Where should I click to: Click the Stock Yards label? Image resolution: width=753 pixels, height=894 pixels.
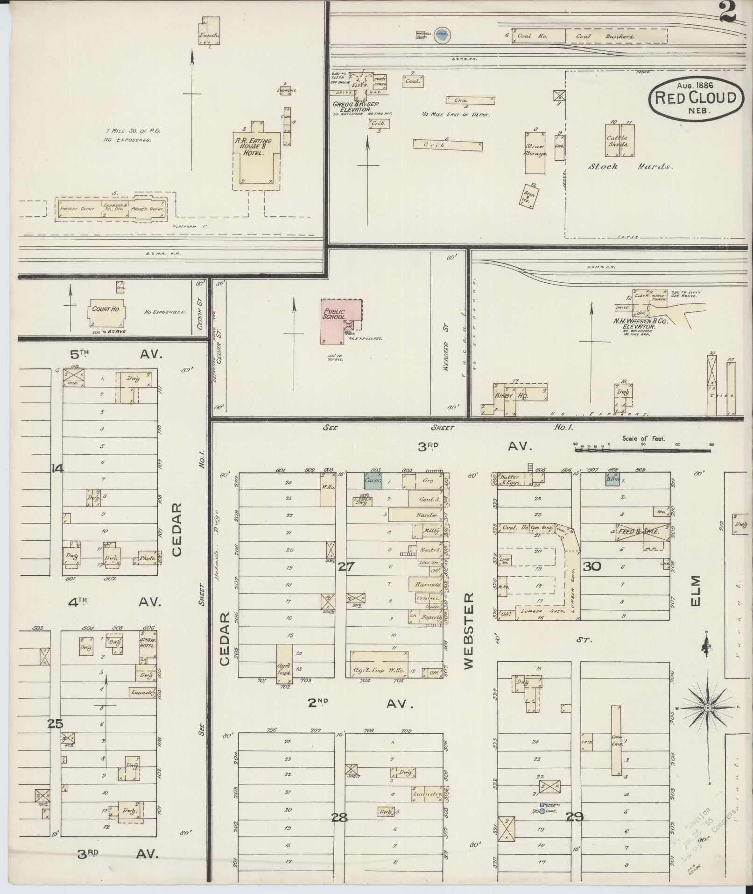click(x=630, y=166)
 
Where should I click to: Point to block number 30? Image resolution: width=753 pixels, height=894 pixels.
click(x=591, y=567)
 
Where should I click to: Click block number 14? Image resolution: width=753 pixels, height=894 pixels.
click(x=57, y=469)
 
